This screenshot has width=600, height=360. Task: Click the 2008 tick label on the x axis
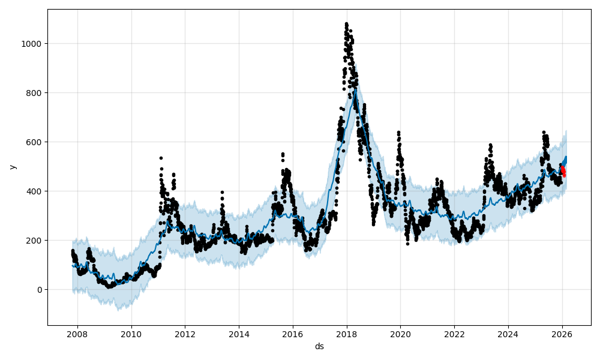point(77,334)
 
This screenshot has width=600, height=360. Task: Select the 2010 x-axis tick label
point(131,334)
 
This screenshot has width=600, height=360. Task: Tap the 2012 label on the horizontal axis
point(185,334)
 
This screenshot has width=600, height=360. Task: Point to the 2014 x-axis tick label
point(239,334)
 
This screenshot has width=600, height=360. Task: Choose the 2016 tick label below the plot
point(293,334)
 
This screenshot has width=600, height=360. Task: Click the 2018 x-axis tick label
point(347,334)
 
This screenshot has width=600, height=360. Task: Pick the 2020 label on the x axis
point(400,334)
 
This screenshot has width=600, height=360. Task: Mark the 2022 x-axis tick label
point(454,334)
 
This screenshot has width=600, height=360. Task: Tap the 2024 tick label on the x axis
point(508,334)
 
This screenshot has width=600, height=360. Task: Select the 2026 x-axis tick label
point(562,334)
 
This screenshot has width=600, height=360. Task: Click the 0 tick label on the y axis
point(40,290)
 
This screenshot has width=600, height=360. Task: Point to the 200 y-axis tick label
point(35,241)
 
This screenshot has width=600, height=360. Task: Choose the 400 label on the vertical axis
point(35,191)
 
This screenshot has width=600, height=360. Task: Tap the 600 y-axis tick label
point(35,142)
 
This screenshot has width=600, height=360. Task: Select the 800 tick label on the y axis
point(35,93)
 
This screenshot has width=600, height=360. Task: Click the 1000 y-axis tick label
point(32,44)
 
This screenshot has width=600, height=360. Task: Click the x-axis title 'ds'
point(319,346)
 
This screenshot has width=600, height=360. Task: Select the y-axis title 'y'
point(12,167)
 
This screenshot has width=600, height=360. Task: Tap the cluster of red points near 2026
point(563,171)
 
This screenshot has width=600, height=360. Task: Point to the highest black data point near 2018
point(346,23)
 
